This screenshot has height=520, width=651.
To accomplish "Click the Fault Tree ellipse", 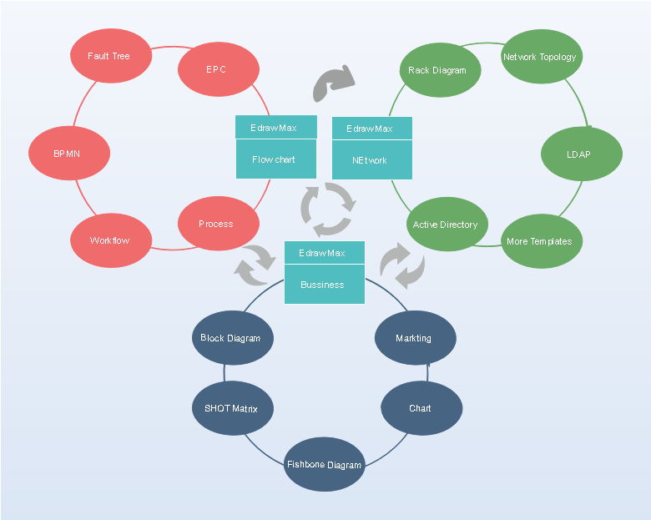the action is pyautogui.click(x=111, y=56).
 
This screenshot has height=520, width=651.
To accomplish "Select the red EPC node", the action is pyautogui.click(x=219, y=69).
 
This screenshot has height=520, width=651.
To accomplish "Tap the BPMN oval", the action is pyautogui.click(x=69, y=154).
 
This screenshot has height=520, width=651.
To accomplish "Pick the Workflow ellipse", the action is pyautogui.click(x=111, y=240).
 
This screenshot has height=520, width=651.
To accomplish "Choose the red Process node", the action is pyautogui.click(x=219, y=224).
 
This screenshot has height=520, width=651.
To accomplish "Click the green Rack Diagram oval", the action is pyautogui.click(x=440, y=70).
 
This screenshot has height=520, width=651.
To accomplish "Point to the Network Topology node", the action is pyautogui.click(x=542, y=57).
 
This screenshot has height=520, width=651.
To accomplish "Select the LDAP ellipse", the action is pyautogui.click(x=581, y=154).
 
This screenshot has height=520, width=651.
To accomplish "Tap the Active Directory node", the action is pyautogui.click(x=447, y=225).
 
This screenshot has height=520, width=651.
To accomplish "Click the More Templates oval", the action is pyautogui.click(x=542, y=241).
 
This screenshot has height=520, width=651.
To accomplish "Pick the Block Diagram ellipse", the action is pyautogui.click(x=233, y=338).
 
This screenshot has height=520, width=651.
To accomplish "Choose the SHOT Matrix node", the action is pyautogui.click(x=233, y=408).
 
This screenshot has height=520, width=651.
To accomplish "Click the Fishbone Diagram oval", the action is pyautogui.click(x=325, y=464).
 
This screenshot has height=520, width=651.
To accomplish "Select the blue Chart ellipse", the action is pyautogui.click(x=421, y=408).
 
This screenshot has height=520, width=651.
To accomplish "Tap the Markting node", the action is pyautogui.click(x=415, y=338).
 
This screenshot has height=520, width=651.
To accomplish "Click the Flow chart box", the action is pyautogui.click(x=276, y=159).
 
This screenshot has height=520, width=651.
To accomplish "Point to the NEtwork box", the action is pyautogui.click(x=372, y=160).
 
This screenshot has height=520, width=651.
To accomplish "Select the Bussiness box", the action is pyautogui.click(x=325, y=285).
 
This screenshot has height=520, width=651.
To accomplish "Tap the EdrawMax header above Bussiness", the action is pyautogui.click(x=325, y=253).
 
